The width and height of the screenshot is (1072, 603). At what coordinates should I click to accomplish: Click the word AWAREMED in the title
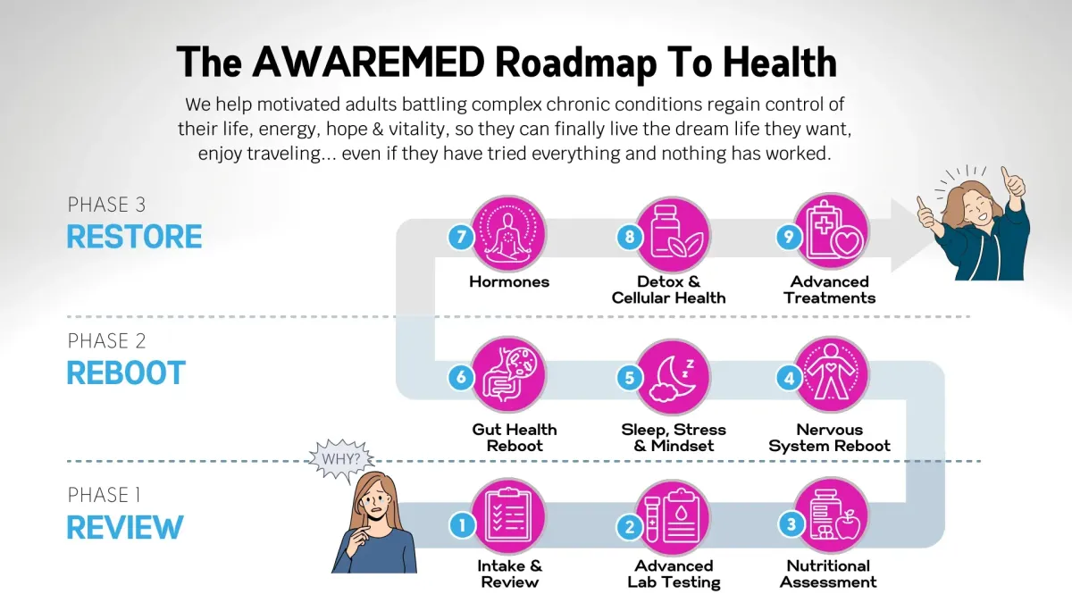[x=368, y=63]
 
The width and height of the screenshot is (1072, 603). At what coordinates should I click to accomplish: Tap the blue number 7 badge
[x=461, y=237]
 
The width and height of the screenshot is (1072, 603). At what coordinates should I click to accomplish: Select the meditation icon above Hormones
[x=508, y=233]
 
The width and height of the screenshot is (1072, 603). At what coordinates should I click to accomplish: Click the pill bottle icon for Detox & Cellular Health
[x=673, y=234]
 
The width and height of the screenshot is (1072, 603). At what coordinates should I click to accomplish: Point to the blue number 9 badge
[x=789, y=237]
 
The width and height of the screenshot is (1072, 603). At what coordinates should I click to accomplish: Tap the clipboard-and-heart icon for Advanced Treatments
[x=832, y=231]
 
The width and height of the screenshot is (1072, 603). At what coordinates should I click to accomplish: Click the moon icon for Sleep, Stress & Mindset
[x=673, y=377]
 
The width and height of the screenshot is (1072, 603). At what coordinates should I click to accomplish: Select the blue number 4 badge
[x=789, y=379]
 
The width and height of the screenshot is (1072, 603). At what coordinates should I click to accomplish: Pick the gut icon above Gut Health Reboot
[x=508, y=374]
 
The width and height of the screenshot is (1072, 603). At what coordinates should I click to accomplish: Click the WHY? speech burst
[x=341, y=459]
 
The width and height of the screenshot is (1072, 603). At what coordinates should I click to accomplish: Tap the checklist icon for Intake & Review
[x=508, y=517]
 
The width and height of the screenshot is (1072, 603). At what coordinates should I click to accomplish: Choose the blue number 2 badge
[x=630, y=527]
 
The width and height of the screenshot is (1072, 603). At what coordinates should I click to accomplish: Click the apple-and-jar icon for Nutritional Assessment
[x=832, y=516]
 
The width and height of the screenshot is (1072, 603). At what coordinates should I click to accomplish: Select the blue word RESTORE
[x=135, y=237]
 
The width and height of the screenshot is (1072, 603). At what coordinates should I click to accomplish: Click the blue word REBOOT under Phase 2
[x=126, y=373]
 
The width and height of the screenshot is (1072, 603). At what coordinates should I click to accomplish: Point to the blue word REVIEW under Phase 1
[x=125, y=527]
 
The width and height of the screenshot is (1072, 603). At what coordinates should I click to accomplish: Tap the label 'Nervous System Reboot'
[x=829, y=438]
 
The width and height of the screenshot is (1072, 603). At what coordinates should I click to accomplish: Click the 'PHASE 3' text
[x=106, y=205]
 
